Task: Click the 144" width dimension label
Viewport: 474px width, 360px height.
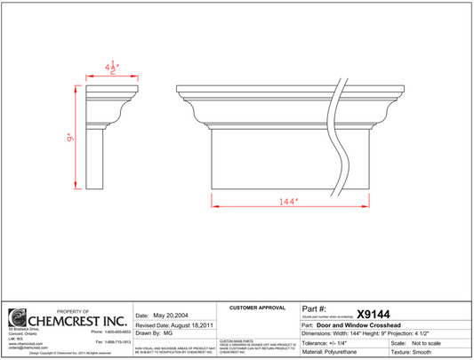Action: coord(285,202)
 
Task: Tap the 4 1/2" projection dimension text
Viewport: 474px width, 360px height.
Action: coord(111,68)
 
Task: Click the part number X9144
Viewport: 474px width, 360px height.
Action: coord(373,314)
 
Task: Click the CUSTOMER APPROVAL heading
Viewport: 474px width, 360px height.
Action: coord(258,308)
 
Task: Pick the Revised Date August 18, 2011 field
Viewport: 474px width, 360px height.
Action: coord(174,325)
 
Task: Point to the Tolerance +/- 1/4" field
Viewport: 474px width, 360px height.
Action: coord(328,342)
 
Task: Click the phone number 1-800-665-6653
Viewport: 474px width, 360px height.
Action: coord(110,331)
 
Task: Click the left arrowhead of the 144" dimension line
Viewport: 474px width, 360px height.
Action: coord(214,202)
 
